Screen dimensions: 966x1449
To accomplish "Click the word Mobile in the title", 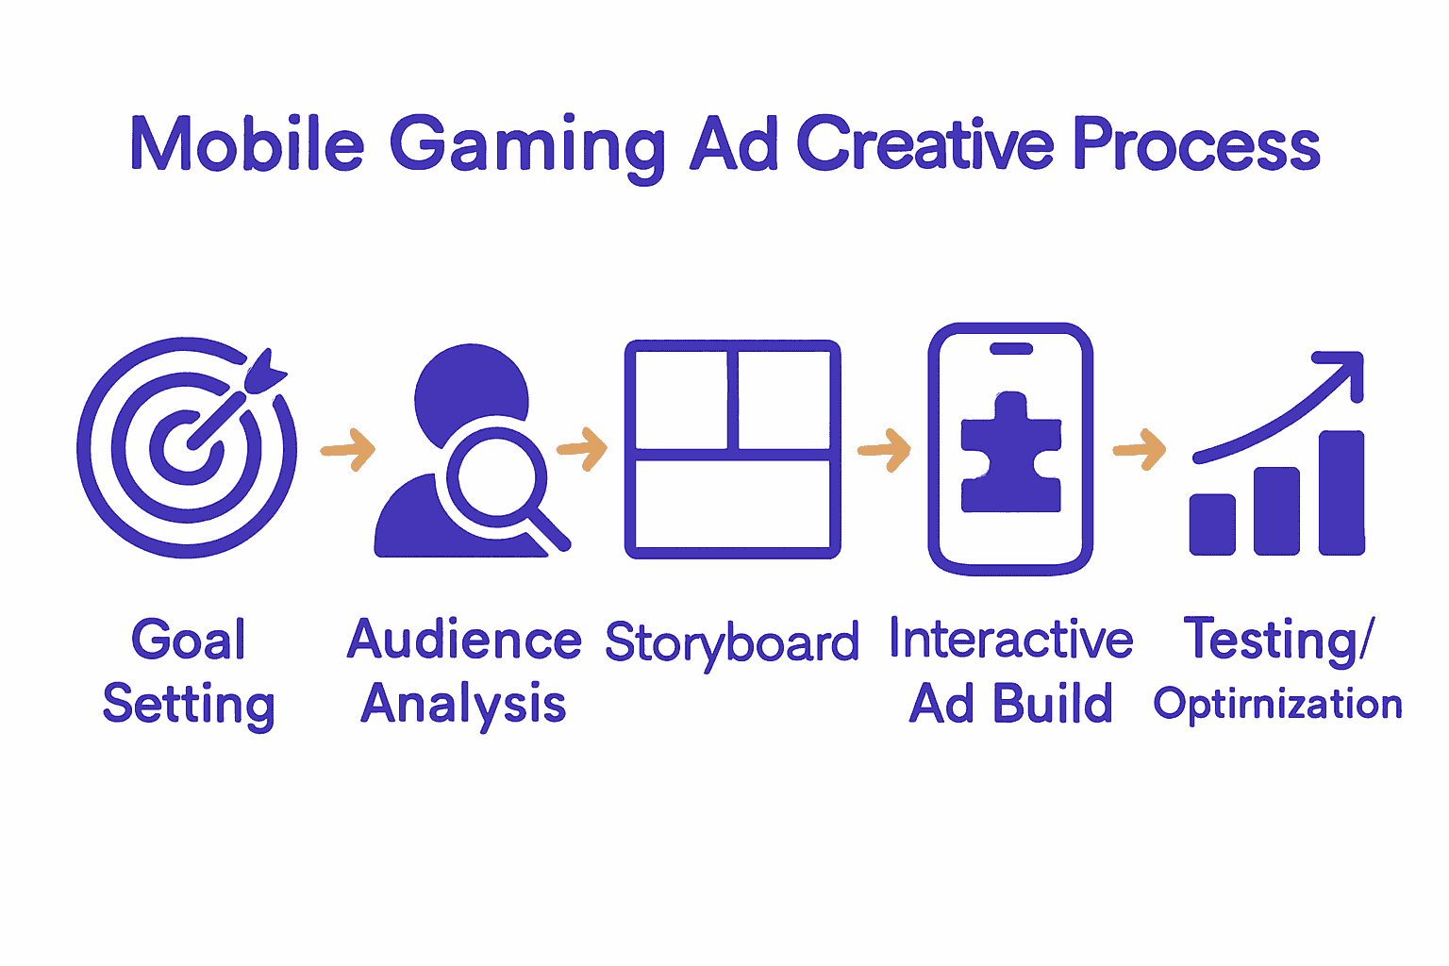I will [246, 145].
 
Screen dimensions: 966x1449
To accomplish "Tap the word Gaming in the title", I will [527, 147].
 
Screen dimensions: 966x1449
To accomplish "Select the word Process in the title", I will [1195, 145].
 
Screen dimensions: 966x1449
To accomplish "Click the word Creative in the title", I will [924, 145].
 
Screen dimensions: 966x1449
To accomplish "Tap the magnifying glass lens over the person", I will [496, 475].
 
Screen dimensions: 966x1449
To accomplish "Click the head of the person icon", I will [471, 387].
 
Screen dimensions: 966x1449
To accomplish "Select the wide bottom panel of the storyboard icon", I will [732, 504].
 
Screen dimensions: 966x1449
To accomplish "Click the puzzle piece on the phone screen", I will [1010, 453].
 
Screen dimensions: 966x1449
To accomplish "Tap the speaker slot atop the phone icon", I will [1010, 349].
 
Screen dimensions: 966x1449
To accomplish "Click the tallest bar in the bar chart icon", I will [1341, 492].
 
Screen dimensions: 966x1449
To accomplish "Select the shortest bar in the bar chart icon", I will [1212, 524].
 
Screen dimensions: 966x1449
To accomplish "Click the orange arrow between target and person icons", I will [348, 449].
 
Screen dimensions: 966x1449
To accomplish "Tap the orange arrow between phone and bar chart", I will [1140, 449].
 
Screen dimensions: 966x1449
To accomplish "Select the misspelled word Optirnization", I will [1277, 705].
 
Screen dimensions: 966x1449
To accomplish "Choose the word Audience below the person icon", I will [464, 641].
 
